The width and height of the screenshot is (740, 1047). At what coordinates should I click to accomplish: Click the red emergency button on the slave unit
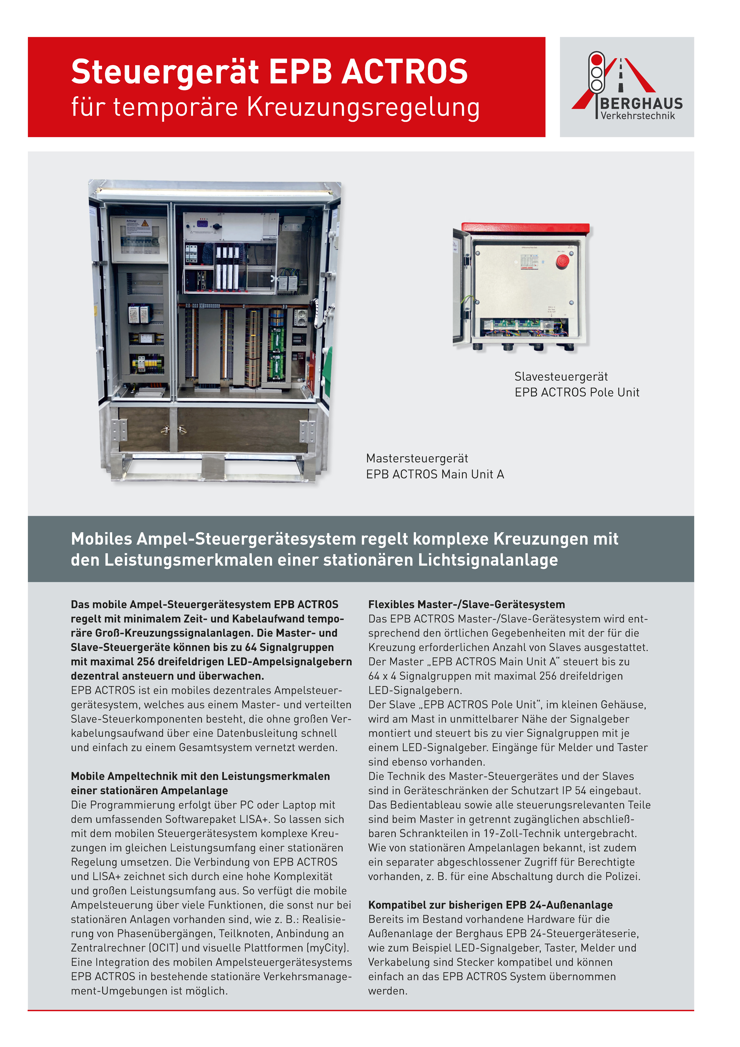tap(562, 261)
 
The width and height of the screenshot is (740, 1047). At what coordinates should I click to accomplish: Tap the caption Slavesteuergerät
tap(561, 377)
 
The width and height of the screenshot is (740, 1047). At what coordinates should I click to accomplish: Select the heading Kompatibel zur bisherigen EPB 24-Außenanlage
tap(490, 905)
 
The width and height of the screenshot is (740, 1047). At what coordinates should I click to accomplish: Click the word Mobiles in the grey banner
tap(101, 539)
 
